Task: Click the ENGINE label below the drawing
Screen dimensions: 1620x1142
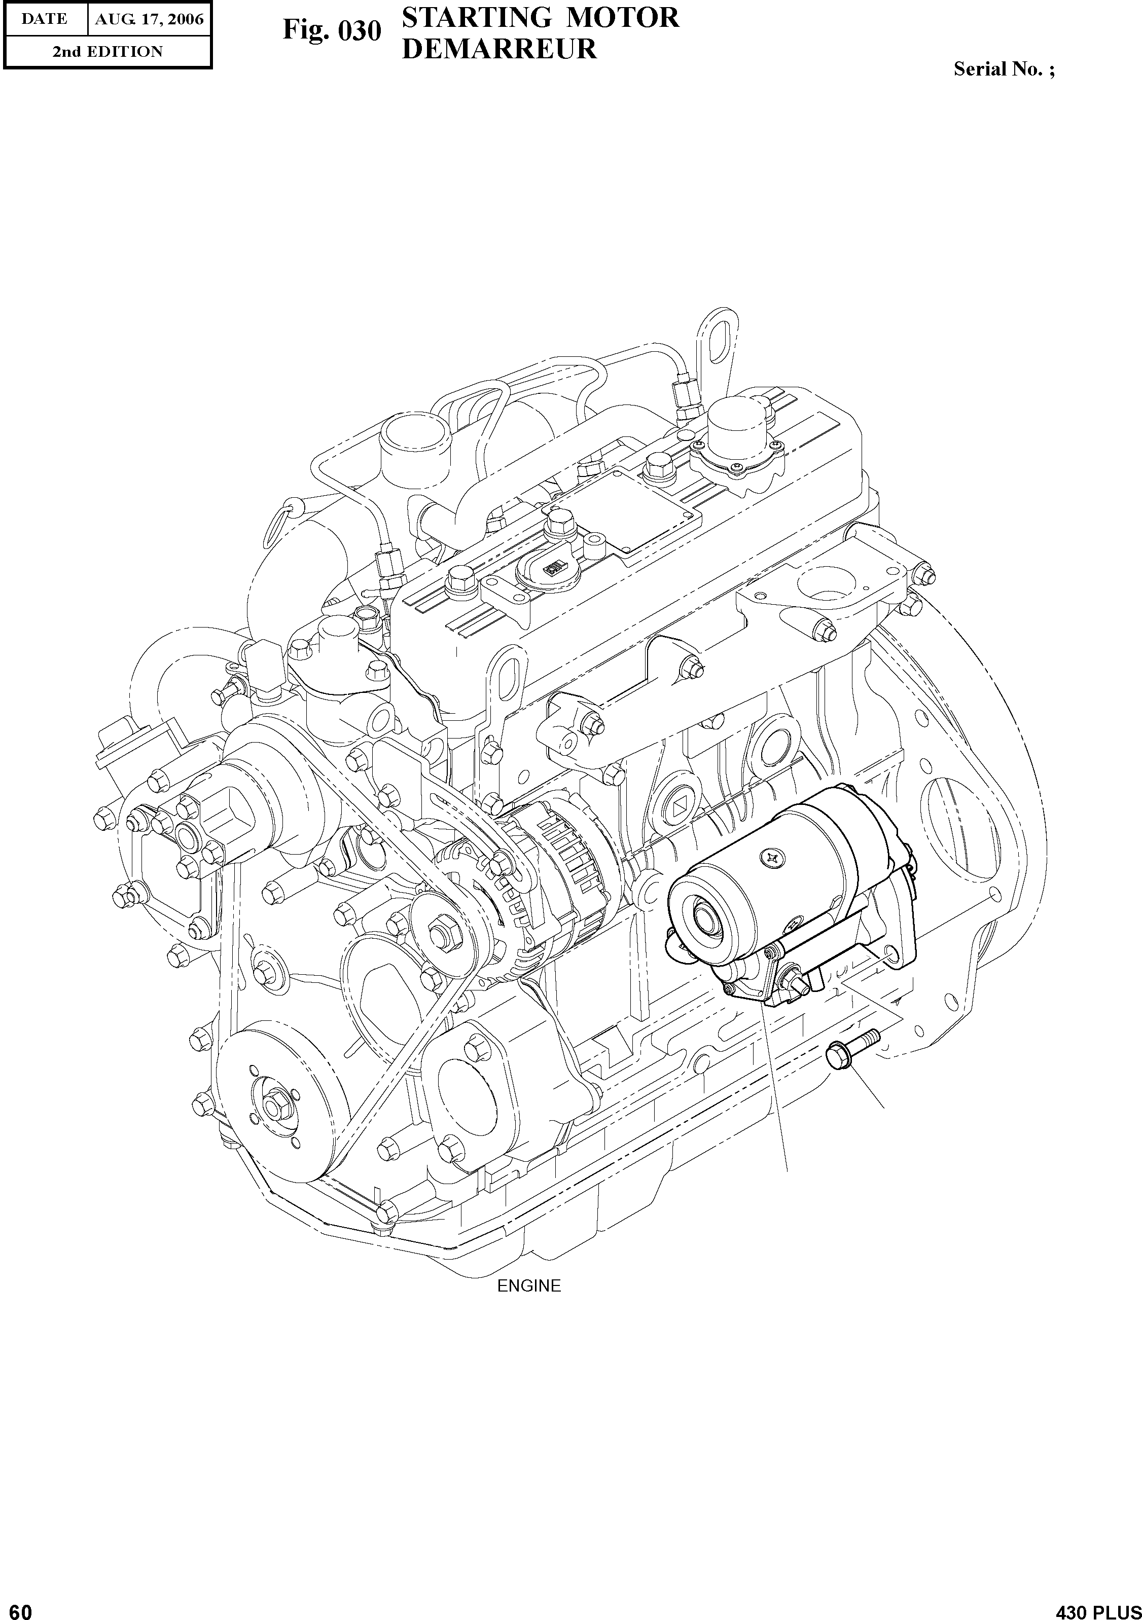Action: click(528, 1285)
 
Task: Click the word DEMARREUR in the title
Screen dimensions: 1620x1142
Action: click(498, 49)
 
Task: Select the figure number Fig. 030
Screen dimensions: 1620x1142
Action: click(332, 31)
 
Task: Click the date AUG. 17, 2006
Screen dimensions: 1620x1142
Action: click(150, 19)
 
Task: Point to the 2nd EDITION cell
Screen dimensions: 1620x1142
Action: click(108, 52)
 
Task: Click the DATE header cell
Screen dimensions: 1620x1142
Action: click(45, 19)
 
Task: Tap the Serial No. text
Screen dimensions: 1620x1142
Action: click(1004, 69)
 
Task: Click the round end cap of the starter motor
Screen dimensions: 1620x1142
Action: click(705, 917)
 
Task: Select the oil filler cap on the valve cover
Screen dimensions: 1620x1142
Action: click(739, 425)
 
